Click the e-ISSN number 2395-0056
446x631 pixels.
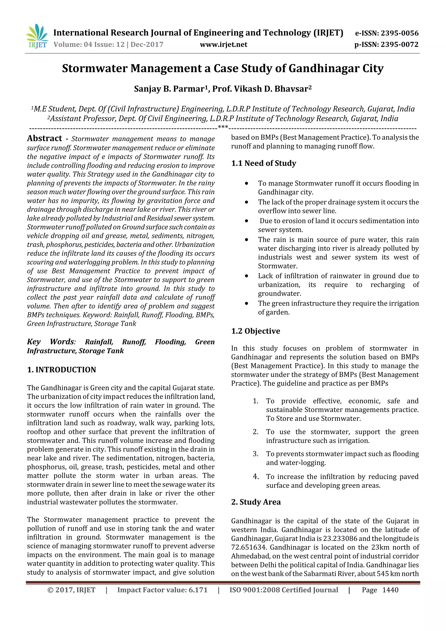(x=399, y=33)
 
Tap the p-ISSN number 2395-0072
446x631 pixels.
(x=399, y=44)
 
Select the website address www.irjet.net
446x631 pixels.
(x=223, y=44)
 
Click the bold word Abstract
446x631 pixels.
(x=44, y=139)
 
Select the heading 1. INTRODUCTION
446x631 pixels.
(x=62, y=370)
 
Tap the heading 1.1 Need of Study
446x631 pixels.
(x=264, y=163)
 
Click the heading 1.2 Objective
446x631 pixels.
(x=256, y=331)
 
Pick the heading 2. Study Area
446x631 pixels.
(x=256, y=502)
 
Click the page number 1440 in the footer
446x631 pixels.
(x=390, y=590)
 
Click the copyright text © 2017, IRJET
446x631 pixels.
(x=71, y=590)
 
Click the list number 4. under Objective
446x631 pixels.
(x=256, y=477)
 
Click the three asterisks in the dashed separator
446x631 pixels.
(x=223, y=127)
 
